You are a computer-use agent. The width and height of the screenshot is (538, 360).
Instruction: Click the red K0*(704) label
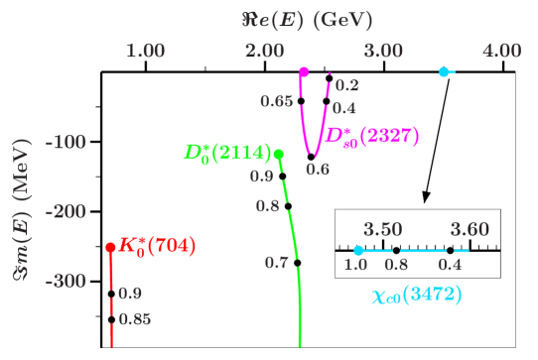[x=157, y=245]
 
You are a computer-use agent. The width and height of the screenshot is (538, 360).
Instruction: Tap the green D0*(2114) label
[x=227, y=153]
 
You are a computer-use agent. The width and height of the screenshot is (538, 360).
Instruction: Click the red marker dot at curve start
[x=111, y=247]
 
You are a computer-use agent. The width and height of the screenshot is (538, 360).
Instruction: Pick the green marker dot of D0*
[x=279, y=154]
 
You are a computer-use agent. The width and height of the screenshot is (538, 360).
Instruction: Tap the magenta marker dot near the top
[x=304, y=71]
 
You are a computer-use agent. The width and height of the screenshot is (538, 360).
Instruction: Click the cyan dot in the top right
[x=444, y=71]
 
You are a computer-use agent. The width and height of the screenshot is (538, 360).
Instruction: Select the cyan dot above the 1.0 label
[x=358, y=250]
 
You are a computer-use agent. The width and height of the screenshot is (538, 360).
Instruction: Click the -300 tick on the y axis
[x=69, y=282]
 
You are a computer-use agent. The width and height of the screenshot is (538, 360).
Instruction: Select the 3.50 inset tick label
[x=383, y=230]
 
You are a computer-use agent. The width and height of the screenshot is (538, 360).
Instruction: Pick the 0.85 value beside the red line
[x=134, y=319]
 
